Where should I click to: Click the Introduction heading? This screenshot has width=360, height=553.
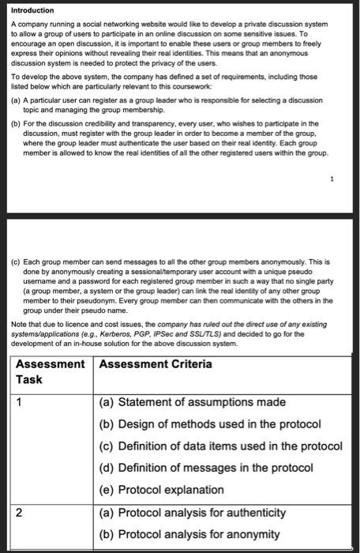[32, 10]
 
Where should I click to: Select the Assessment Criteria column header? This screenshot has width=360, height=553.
[156, 363]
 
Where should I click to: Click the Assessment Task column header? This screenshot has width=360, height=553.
[50, 371]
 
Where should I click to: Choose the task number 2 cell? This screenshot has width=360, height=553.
[20, 512]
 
